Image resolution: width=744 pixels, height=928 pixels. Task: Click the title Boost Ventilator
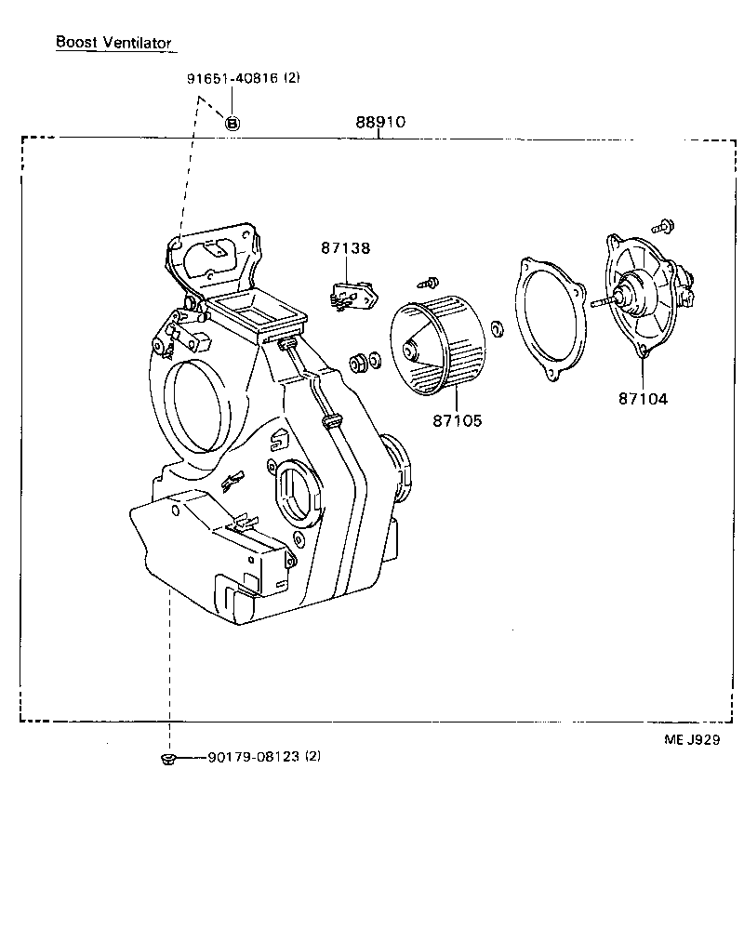point(113,42)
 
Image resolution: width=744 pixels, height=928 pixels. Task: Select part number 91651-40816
point(232,79)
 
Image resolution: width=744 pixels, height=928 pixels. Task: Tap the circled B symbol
point(232,122)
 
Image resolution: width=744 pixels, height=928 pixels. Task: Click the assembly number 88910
point(379,123)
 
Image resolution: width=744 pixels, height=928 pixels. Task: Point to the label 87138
point(345,248)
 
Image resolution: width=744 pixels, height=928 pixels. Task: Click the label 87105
point(457,420)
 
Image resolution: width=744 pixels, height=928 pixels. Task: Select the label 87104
point(643,399)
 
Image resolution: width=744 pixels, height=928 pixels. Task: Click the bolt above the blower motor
point(665,225)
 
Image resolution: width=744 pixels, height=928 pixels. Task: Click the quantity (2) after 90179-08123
point(312,757)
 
